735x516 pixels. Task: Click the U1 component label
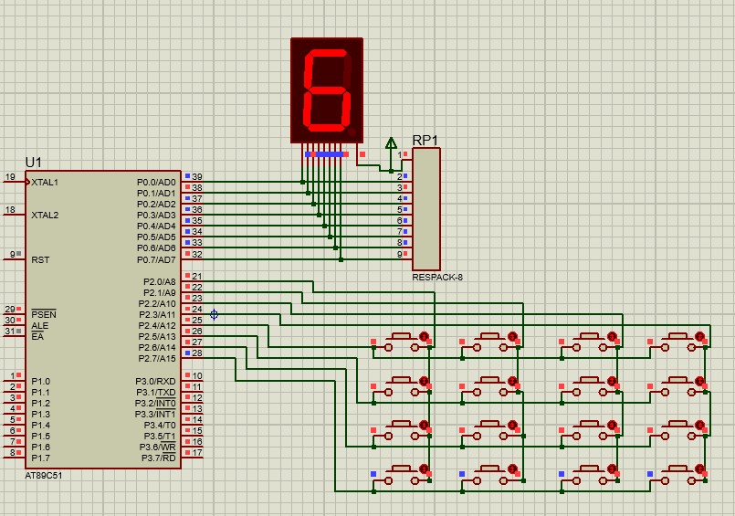tap(33, 163)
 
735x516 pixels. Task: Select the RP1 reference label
tap(425, 140)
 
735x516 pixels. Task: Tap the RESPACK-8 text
tap(437, 278)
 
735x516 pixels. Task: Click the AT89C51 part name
tap(44, 475)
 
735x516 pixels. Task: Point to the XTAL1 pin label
tap(45, 183)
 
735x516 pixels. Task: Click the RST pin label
tap(40, 259)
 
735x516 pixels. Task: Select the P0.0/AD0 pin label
tap(156, 183)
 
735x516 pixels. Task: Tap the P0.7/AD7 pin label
tap(156, 259)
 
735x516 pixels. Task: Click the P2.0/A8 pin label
tap(160, 281)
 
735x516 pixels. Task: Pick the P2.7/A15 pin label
tap(157, 359)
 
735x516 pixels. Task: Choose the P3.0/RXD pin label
tap(155, 382)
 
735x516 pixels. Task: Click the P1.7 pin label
tap(41, 458)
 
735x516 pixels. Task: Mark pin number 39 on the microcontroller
tap(197, 176)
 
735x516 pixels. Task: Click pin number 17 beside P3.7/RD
tap(197, 453)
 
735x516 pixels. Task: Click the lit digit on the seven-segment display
tap(327, 90)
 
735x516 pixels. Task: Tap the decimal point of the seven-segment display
tap(352, 132)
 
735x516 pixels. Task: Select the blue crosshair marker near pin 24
tap(214, 314)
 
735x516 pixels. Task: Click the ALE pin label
tap(40, 326)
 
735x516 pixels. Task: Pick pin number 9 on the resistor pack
tap(399, 255)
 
